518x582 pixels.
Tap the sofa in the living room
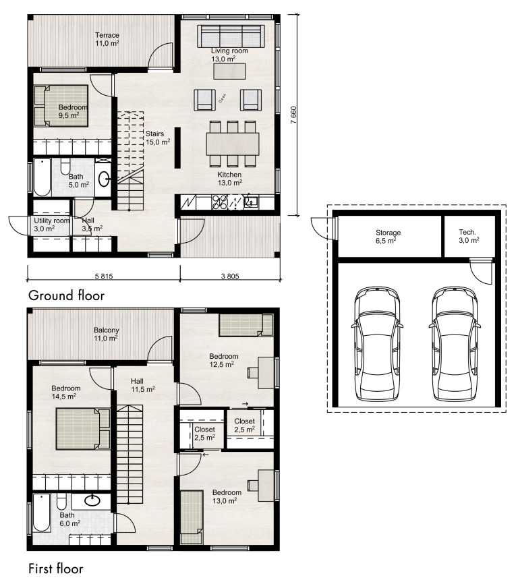pos(231,36)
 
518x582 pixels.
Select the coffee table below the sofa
pos(229,71)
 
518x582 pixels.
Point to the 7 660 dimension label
pos(293,115)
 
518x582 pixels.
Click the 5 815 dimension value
pos(104,276)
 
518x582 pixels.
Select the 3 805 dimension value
pos(230,276)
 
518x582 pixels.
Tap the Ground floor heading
pos(67,295)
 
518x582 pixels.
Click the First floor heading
pos(56,569)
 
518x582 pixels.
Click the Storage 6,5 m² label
pos(388,237)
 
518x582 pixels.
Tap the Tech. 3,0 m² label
pos(469,236)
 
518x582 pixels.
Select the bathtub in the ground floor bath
pos(42,177)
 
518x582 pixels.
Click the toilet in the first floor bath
pos(61,502)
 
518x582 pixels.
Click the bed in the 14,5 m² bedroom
pos(83,429)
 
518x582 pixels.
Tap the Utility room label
pos(52,221)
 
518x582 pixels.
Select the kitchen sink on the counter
pos(250,202)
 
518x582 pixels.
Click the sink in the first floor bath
pos(92,500)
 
